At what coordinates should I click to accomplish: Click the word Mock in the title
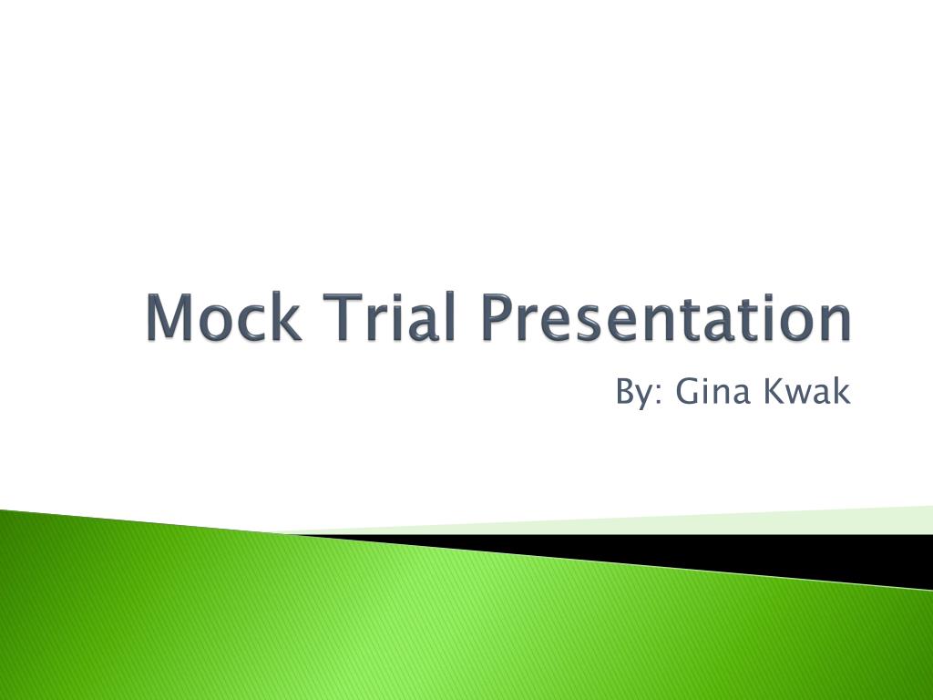point(223,318)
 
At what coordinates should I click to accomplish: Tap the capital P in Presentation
point(498,318)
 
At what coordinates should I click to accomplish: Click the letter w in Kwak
point(799,396)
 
